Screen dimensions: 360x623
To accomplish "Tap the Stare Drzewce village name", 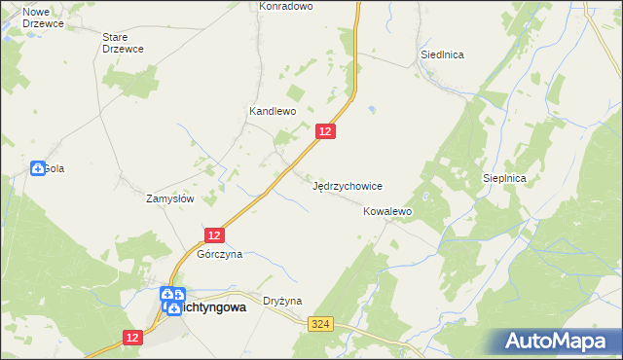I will tap(123, 43).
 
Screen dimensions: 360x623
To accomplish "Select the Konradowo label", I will tap(285, 6).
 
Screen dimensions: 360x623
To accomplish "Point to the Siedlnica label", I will tap(441, 54).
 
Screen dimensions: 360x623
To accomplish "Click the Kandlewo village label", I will tap(273, 112).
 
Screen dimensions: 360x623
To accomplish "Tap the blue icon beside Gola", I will tap(37, 168).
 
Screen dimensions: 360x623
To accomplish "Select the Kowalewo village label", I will tap(388, 210).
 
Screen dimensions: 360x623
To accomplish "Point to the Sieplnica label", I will tap(504, 179).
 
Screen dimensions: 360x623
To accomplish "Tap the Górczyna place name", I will tap(219, 254).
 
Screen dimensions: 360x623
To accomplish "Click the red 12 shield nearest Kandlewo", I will tap(327, 131).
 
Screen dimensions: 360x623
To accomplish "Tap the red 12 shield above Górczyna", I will tap(215, 234).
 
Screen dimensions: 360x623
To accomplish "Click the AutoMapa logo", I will tap(561, 341).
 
